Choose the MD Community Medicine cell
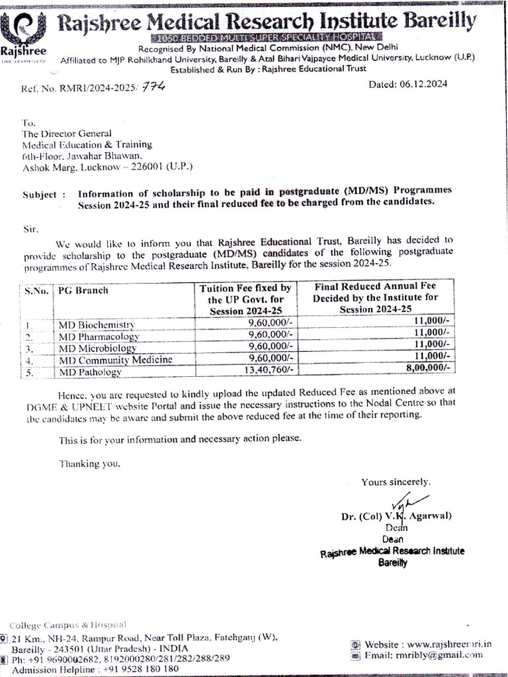pos(116,360)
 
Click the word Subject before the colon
pos(40,195)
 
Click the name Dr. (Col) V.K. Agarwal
pos(394,516)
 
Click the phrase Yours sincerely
pos(396,482)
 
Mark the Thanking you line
pos(90,463)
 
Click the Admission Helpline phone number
pos(140,668)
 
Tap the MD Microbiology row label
pos(97,348)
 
